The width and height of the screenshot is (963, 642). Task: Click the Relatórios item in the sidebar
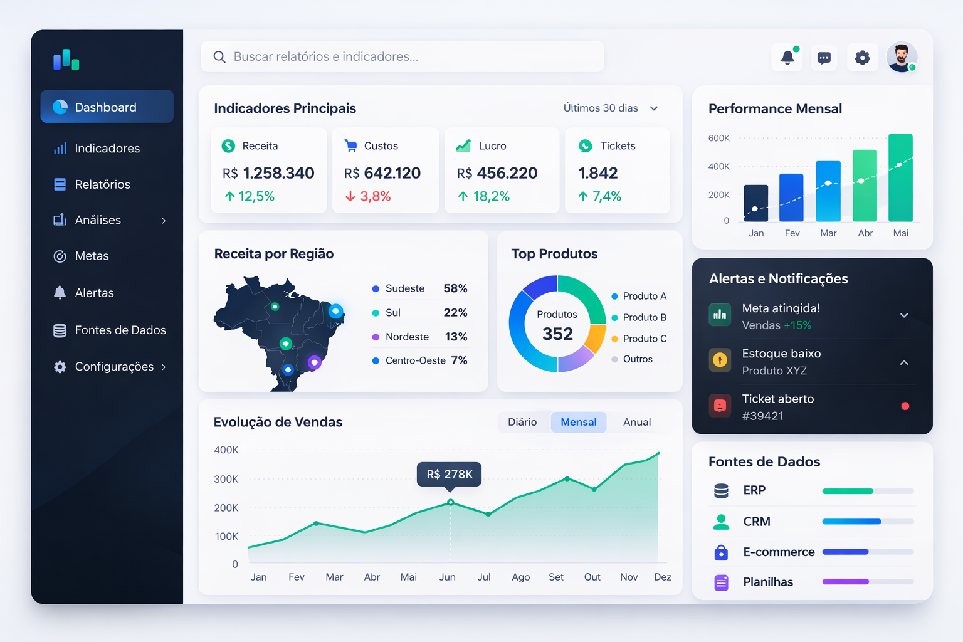[x=102, y=184]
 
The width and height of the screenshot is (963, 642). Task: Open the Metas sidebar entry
[x=92, y=256]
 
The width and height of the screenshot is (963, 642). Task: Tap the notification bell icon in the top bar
[x=787, y=58]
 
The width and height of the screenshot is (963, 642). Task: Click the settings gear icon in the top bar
[x=862, y=58]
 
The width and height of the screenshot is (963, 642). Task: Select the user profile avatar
[x=902, y=57]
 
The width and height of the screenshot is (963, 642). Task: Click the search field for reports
[x=402, y=56]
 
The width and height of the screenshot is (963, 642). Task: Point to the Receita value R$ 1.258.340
[x=268, y=173]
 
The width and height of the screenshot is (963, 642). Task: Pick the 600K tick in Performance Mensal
[x=718, y=138]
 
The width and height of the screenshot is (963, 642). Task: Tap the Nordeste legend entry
[x=407, y=337]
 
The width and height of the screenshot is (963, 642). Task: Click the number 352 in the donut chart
[x=557, y=334]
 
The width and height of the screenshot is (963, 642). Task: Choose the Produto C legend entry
[x=644, y=339]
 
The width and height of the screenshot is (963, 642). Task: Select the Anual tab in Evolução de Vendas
[x=636, y=422]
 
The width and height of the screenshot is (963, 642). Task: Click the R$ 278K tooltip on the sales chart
[x=450, y=474]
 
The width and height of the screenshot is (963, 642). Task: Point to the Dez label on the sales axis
[x=662, y=577]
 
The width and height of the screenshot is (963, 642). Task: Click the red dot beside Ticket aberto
[x=905, y=406]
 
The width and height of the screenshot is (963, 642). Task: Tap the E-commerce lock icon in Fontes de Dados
[x=721, y=552]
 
